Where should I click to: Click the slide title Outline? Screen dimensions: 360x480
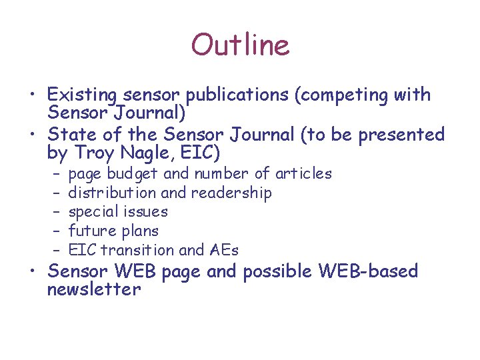coord(240,45)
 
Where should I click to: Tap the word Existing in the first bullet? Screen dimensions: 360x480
coord(79,95)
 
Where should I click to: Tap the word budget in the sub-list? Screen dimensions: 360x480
coord(133,174)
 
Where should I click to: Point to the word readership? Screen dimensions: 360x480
coord(231,193)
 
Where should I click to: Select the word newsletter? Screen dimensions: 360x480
coord(94,290)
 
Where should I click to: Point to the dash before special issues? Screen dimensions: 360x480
coord(57,212)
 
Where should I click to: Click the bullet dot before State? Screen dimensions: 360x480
coord(38,135)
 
